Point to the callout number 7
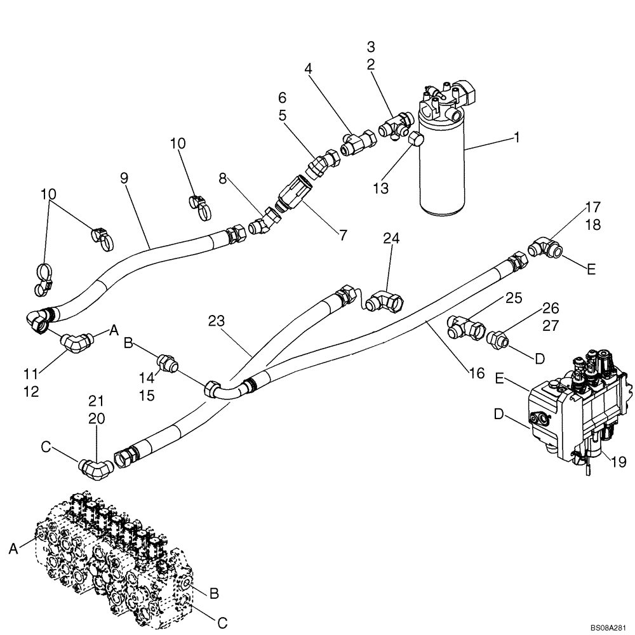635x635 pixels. tap(343, 236)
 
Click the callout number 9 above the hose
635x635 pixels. tap(124, 178)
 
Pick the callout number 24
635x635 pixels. tap(391, 239)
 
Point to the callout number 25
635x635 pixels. tap(514, 297)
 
